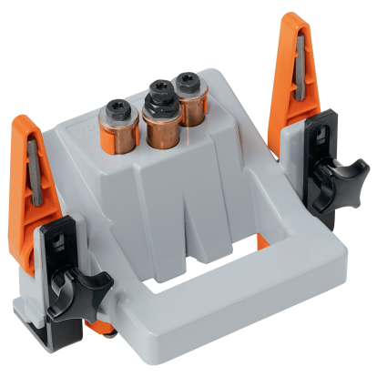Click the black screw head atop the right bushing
[x=188, y=81]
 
